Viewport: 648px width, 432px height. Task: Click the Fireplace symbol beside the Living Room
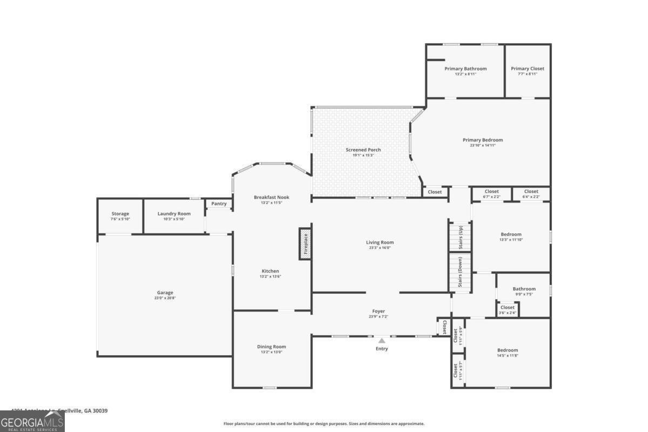[306, 244]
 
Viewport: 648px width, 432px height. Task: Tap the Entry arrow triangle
[381, 341]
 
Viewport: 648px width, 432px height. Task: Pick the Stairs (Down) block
[460, 273]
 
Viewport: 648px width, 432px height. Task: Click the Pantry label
[219, 204]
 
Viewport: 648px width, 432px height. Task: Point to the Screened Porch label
[363, 150]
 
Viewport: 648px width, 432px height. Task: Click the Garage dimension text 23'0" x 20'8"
[165, 298]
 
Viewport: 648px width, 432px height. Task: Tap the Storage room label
[120, 214]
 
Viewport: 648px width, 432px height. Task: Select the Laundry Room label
[174, 214]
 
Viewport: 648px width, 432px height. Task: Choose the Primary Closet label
[528, 69]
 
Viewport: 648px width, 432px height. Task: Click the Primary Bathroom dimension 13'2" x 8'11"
[465, 74]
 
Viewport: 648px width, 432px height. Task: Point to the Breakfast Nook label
[271, 197]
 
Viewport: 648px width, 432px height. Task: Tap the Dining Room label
[271, 347]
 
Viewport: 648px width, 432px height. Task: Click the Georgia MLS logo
[32, 421]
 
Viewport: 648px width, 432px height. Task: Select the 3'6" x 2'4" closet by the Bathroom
[507, 310]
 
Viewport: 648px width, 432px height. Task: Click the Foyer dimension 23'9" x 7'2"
[378, 316]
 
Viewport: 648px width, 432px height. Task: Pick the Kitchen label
[270, 271]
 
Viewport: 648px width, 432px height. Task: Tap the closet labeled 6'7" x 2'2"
[491, 193]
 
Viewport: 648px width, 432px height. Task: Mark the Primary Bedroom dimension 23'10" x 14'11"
[482, 145]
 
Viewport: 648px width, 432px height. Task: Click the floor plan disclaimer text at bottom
[324, 424]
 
